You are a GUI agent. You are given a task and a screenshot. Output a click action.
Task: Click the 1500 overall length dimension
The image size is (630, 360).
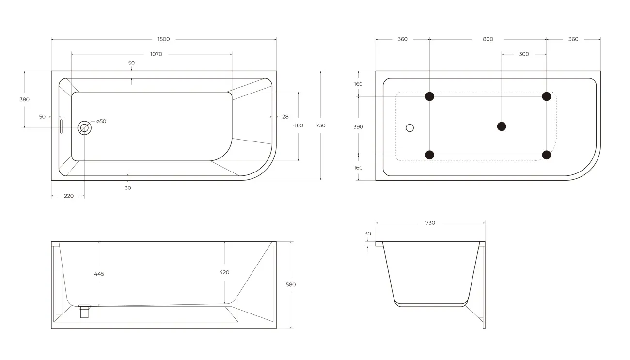coord(164,39)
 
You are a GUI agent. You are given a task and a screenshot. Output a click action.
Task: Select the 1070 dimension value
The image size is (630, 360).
coord(157,54)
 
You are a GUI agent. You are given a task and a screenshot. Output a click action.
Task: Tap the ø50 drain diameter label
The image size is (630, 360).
coord(101,121)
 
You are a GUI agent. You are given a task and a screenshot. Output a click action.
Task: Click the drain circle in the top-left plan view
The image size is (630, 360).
coord(84,128)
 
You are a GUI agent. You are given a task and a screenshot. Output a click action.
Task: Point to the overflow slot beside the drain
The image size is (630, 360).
coord(61,126)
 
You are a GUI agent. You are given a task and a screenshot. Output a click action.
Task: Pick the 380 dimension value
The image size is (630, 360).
coord(24,99)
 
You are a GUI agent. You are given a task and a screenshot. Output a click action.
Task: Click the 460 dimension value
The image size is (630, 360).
coord(298,125)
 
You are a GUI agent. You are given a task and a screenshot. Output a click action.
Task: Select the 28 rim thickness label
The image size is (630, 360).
coord(285,117)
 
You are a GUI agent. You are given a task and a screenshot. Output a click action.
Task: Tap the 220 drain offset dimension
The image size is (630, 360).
coord(69,196)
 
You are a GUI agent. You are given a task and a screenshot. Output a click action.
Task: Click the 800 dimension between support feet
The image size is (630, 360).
coord(488,39)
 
